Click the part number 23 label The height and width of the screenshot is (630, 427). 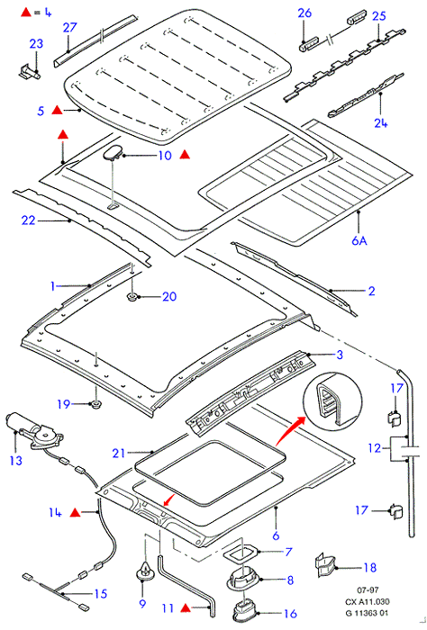[36, 43]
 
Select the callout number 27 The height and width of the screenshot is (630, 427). [69, 27]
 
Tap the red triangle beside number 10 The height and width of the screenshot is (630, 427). [185, 154]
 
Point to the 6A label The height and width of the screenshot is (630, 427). [359, 240]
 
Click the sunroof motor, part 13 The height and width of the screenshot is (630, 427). [33, 432]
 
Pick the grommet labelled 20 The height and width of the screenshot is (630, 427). [132, 297]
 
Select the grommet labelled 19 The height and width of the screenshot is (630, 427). [95, 404]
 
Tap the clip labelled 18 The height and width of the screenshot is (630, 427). [325, 564]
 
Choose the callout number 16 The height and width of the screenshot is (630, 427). [290, 613]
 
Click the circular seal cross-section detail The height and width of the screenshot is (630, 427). [332, 401]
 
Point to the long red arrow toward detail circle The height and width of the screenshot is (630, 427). [292, 431]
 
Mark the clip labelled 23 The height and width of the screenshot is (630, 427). [30, 71]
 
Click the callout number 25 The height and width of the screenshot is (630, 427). [378, 16]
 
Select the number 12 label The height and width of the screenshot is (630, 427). [375, 447]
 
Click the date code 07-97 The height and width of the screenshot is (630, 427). [368, 589]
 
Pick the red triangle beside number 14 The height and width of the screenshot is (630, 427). [75, 512]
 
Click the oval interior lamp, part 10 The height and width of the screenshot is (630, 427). [114, 153]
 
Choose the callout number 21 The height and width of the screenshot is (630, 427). [119, 454]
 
